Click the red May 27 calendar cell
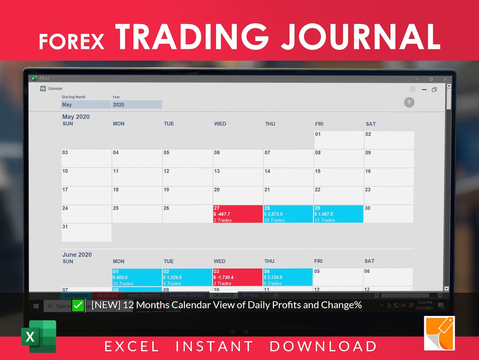[x=238, y=214]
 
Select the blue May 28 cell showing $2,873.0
[x=288, y=214]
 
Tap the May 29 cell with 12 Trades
[x=338, y=214]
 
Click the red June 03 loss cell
[x=237, y=277]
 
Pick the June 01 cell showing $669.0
[x=137, y=277]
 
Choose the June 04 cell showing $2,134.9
[x=288, y=277]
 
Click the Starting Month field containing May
[x=86, y=105]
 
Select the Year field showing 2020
[x=137, y=105]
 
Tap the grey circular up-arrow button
[x=409, y=102]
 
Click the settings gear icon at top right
[x=413, y=89]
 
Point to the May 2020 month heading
[x=76, y=117]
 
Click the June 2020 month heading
[x=77, y=255]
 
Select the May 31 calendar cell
[x=87, y=232]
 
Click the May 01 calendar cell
[x=339, y=140]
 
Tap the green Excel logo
[x=39, y=336]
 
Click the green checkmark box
[x=78, y=305]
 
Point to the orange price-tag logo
[x=439, y=333]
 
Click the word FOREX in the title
[x=71, y=41]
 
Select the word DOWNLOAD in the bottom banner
[x=323, y=346]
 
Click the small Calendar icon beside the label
[x=43, y=89]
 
